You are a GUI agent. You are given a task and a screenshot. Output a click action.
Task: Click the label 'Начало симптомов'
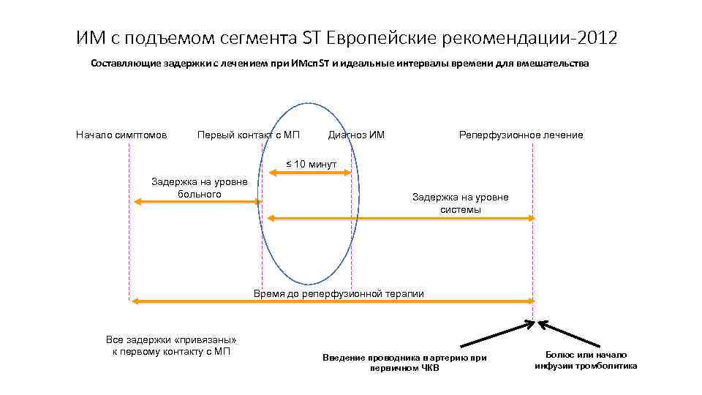tap(121, 135)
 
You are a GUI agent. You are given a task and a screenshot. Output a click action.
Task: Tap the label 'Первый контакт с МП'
tap(249, 135)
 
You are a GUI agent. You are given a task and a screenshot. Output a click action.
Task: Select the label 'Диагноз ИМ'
tap(356, 135)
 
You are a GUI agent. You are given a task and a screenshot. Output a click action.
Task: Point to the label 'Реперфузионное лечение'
tap(521, 135)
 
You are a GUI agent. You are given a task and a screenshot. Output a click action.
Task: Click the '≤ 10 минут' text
tap(310, 164)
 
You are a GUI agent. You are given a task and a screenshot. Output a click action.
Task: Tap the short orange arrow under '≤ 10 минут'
tap(310, 173)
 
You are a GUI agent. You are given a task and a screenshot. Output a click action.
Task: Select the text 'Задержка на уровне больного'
tap(199, 187)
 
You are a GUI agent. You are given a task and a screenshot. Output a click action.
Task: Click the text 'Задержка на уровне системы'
tap(460, 203)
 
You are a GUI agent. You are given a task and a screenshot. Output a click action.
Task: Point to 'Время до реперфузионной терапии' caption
tap(338, 293)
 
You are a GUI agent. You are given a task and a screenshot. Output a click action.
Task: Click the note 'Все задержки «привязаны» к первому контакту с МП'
tap(172, 346)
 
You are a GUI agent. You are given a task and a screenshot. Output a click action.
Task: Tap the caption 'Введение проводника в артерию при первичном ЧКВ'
tap(404, 363)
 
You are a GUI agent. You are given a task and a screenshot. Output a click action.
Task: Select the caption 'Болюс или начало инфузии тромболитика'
tap(586, 360)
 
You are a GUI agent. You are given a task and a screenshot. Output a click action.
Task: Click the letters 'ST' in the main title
tap(311, 38)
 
